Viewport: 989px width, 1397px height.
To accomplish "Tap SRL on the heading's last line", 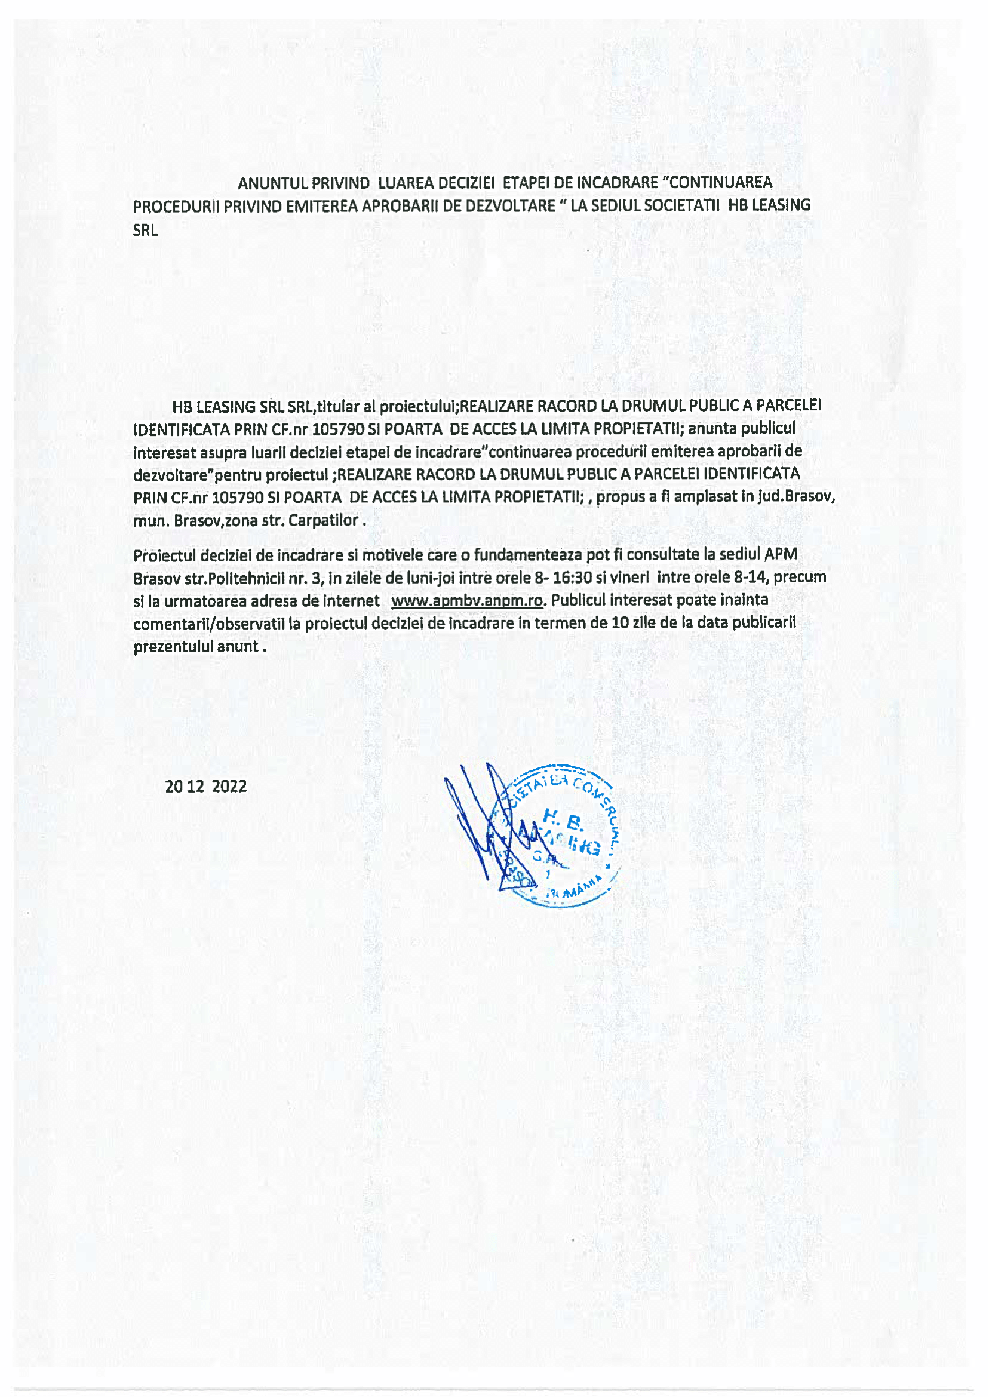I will tap(145, 231).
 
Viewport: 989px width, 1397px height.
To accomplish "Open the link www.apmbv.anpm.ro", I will tap(467, 601).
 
